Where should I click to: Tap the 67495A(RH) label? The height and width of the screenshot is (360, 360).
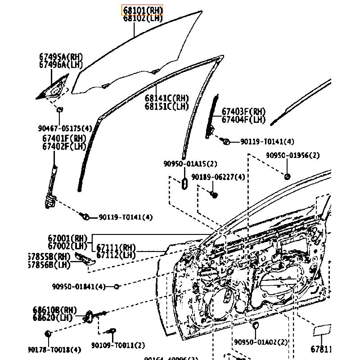coord(61,57)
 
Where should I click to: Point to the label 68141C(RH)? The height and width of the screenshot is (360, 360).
coord(166,98)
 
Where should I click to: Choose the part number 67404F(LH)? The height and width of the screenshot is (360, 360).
coord(243,120)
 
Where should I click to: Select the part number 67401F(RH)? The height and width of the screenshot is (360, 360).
coord(64,139)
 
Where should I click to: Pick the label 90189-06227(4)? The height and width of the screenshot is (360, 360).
coord(218,177)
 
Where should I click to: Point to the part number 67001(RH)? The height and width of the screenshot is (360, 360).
coord(67,238)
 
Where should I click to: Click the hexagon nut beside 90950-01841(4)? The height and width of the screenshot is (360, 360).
coord(116,286)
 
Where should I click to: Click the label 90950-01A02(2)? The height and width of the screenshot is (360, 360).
coord(261,342)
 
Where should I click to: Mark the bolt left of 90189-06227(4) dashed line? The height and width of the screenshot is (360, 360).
coord(214,194)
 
